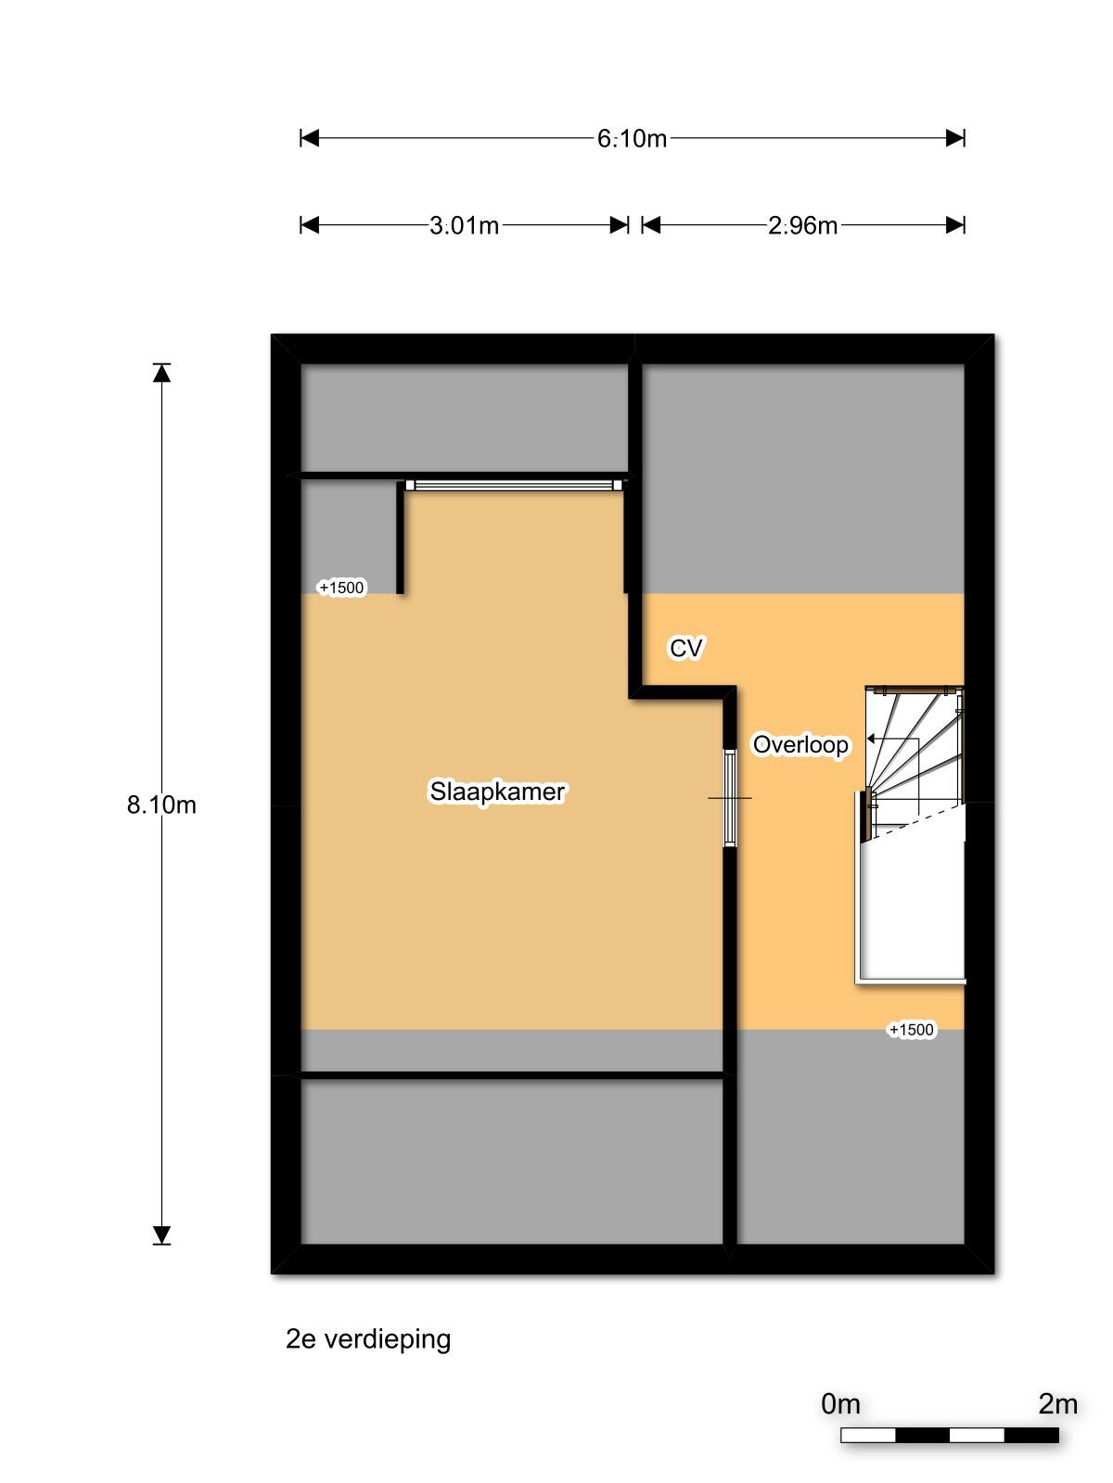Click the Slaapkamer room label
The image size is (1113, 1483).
[497, 792]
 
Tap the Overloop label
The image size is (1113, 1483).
[800, 744]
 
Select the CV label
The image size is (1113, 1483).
[685, 648]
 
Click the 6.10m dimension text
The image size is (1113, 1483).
[632, 139]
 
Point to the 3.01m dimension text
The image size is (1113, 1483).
[464, 225]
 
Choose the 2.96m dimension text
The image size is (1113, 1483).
[802, 225]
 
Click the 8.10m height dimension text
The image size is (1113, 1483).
[161, 805]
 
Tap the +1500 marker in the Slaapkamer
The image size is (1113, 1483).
[341, 588]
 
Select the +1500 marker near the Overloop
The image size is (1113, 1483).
[911, 1030]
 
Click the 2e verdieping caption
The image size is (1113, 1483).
[368, 1339]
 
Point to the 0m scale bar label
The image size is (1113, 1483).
[840, 1404]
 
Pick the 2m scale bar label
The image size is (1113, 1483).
[1057, 1404]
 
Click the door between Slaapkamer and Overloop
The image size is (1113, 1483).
[730, 798]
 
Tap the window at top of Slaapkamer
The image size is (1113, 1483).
[513, 485]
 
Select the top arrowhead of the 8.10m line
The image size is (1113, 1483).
[162, 373]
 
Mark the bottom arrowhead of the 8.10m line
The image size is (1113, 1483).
[162, 1235]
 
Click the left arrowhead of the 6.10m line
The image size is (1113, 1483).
[310, 138]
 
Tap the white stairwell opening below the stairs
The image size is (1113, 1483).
[913, 904]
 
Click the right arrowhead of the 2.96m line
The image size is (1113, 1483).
[955, 225]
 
